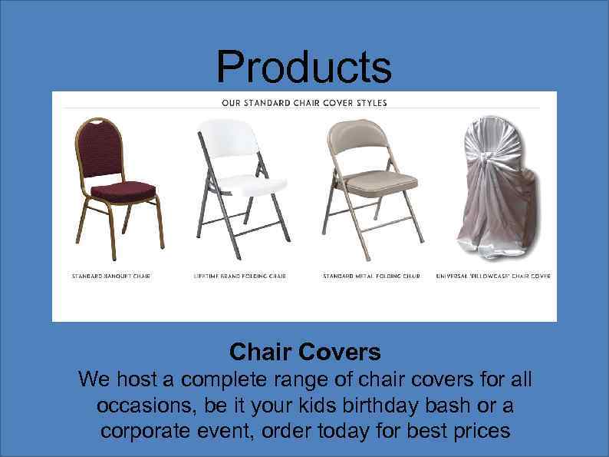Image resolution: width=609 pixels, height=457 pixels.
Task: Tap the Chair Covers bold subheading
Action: (x=304, y=352)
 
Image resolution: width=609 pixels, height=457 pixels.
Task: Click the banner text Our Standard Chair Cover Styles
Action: (x=304, y=102)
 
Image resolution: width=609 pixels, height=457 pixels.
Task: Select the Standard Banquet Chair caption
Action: (x=110, y=276)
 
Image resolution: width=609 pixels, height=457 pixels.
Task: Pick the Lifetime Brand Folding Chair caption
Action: (x=239, y=276)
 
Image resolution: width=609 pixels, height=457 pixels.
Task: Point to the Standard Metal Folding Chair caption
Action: (x=371, y=276)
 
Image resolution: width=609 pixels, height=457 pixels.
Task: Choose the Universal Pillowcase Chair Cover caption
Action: (x=493, y=276)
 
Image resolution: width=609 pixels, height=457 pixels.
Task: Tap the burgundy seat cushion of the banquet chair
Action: (x=121, y=188)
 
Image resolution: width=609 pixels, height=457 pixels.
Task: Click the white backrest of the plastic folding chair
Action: (x=229, y=139)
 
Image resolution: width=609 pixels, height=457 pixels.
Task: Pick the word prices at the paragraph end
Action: (x=479, y=431)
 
